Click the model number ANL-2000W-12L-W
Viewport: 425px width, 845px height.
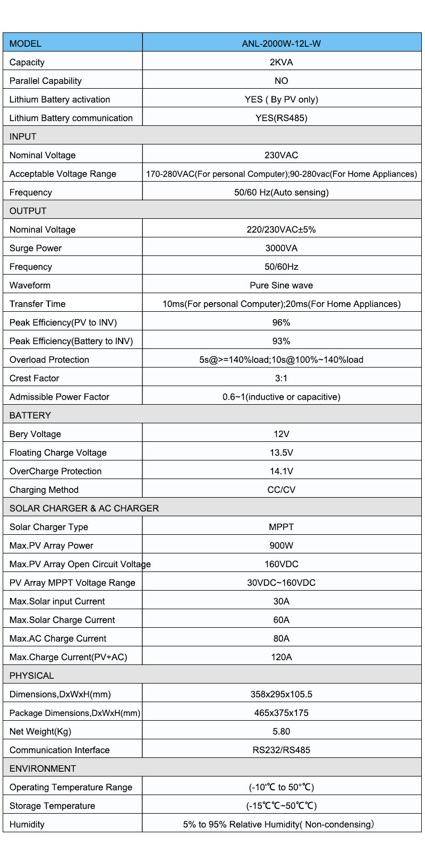281,44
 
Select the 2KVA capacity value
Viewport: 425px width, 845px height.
281,62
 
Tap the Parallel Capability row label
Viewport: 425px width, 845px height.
46,81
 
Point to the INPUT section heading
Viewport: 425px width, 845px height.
23,136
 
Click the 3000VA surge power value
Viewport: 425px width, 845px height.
281,248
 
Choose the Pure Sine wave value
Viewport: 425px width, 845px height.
281,285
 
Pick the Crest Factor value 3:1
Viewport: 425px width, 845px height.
281,378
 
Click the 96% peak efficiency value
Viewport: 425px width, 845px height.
281,322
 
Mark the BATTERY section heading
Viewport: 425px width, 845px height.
30,415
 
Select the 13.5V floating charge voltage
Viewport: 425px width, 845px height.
281,453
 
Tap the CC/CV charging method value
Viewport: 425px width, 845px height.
281,490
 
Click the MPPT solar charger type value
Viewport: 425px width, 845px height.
281,527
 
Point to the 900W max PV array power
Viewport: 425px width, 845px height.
281,545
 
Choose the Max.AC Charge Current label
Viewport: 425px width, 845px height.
58,638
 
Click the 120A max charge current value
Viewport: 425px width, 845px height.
281,657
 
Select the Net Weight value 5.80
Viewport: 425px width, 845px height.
281,731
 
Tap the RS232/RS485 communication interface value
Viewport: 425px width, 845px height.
281,750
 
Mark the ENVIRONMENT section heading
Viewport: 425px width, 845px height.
42,769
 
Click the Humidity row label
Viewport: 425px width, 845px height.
27,824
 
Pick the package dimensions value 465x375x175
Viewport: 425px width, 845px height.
281,713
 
